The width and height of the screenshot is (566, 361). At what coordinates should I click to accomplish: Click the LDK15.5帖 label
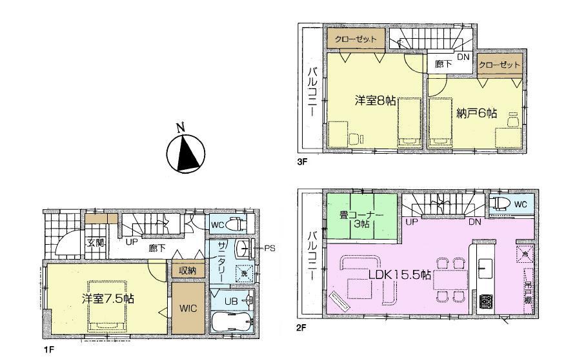[399, 274]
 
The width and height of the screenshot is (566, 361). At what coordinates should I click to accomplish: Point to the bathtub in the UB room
[232, 322]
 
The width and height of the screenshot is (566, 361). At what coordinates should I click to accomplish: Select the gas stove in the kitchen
[485, 302]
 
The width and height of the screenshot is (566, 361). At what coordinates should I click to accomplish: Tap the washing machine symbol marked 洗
[243, 274]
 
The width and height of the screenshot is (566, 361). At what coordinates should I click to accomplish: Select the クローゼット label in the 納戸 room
[499, 65]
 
